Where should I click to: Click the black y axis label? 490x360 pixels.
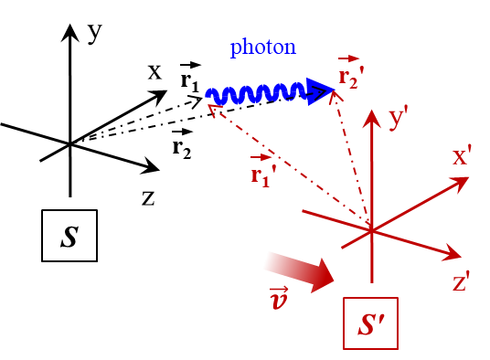[x=94, y=34]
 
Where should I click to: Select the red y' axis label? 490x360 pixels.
[x=397, y=120]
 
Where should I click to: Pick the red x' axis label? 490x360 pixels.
[x=463, y=157]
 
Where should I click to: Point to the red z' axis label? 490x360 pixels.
[x=461, y=282]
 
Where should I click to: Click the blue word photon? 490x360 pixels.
[x=263, y=48]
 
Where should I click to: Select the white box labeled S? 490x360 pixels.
[x=69, y=236]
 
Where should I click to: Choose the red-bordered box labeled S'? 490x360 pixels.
[x=370, y=323]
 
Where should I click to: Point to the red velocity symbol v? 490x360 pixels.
[x=281, y=298]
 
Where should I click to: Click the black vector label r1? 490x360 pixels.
[x=189, y=79]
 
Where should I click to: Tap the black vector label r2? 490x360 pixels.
[x=182, y=146]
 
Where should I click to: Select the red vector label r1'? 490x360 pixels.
[x=263, y=173]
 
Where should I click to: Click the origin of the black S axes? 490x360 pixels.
[x=70, y=143]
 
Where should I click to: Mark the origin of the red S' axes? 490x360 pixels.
[x=370, y=231]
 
